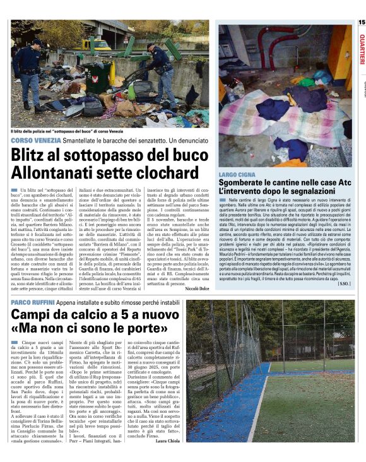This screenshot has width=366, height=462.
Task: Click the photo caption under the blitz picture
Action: click(x=76, y=131)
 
